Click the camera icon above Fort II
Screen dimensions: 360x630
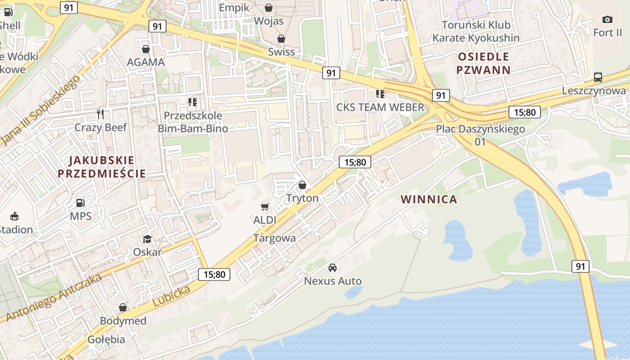point(607,19)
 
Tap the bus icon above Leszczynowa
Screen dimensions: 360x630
point(598,77)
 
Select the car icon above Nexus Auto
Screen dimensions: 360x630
point(333,267)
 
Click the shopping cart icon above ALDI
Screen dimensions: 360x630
point(265,207)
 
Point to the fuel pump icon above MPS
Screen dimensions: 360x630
point(81,203)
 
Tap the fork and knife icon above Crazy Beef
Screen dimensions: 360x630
point(100,114)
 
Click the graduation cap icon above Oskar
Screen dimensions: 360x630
point(147,238)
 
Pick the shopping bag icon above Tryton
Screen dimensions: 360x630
point(302,185)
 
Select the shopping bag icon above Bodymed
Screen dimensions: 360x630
point(123,308)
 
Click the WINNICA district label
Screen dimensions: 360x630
point(429,199)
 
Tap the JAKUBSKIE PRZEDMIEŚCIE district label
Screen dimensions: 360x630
point(102,167)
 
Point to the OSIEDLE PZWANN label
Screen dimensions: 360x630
point(483,63)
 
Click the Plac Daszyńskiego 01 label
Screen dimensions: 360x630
point(480,135)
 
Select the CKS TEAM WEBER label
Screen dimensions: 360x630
point(380,107)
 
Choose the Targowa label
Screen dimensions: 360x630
point(274,238)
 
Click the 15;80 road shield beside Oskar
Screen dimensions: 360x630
point(214,274)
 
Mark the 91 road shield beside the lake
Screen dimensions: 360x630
point(580,266)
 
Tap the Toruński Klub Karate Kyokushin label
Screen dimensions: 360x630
point(476,31)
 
